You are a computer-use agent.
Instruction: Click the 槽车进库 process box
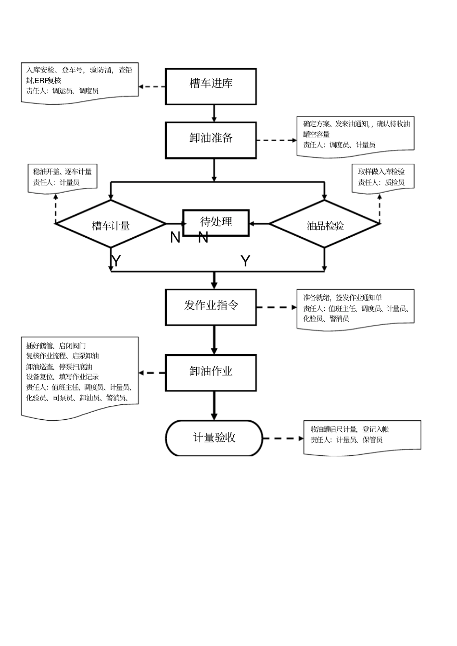pyautogui.click(x=211, y=86)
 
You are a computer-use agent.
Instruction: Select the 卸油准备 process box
pyautogui.click(x=211, y=140)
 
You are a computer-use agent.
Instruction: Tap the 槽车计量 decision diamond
pyautogui.click(x=111, y=224)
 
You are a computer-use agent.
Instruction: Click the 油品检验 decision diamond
pyautogui.click(x=325, y=224)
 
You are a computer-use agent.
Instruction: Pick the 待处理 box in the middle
pyautogui.click(x=216, y=222)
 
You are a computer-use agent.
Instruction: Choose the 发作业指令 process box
pyautogui.click(x=211, y=307)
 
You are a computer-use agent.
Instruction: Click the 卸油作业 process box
pyautogui.click(x=211, y=373)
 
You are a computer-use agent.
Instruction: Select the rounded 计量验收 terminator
pyautogui.click(x=214, y=438)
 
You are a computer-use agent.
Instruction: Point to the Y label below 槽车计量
pyautogui.click(x=116, y=261)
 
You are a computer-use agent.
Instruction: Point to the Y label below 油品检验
pyautogui.click(x=245, y=261)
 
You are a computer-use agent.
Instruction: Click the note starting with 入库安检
pyautogui.click(x=80, y=82)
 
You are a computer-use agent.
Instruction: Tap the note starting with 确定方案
pyautogui.click(x=355, y=135)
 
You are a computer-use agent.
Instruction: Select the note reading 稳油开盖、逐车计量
pyautogui.click(x=63, y=177)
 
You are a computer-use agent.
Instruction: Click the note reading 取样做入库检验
pyautogui.click(x=382, y=177)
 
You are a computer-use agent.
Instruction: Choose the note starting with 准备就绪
pyautogui.click(x=355, y=308)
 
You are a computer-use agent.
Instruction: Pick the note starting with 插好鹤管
pyautogui.click(x=80, y=375)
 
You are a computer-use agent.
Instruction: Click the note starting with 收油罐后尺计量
pyautogui.click(x=362, y=436)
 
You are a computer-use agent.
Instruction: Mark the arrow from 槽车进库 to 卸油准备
pyautogui.click(x=214, y=113)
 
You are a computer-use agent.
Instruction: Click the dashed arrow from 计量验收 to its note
pyautogui.click(x=283, y=438)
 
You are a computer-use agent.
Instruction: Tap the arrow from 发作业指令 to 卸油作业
pyautogui.click(x=214, y=340)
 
